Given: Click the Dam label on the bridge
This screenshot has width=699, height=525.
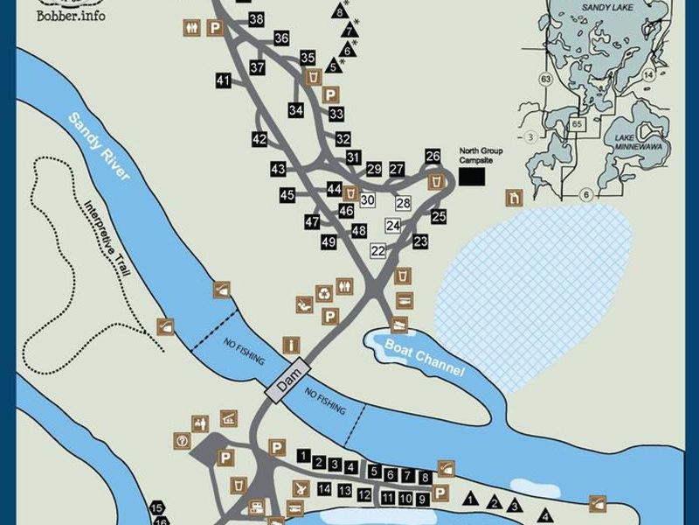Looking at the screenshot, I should pos(289,378).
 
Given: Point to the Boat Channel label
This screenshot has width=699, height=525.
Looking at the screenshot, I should pos(425,357).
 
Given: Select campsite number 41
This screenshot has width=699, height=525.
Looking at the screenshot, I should pos(223,80).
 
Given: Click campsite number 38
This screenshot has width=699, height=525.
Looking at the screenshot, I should pos(257,18).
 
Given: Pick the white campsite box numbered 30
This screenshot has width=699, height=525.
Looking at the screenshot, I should pos(367,200).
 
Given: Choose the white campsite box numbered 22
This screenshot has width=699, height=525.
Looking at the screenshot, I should pos(377,250).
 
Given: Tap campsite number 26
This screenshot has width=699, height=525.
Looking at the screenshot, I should pos(433,156).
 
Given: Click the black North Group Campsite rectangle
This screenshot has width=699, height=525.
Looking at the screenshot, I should pos(472,176).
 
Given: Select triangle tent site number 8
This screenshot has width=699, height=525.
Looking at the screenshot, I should pos(339,11).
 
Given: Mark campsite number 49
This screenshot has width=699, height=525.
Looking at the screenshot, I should pos(329,241).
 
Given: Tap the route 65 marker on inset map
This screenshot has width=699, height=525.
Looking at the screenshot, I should pos(576,124).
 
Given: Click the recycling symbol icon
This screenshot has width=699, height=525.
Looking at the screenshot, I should pos(325,294).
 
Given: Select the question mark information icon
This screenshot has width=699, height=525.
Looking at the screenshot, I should pos(182,440).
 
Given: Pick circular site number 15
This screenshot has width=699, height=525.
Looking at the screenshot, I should pos(157,508).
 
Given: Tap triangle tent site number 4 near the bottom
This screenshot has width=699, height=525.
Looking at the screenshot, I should pos(546,514).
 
